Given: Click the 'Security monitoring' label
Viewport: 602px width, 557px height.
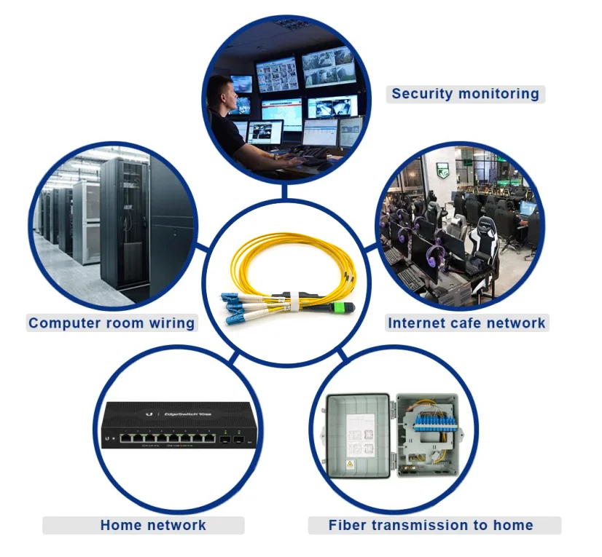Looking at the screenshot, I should (465, 93).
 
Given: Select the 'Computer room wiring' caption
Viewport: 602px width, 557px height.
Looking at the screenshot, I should (112, 323).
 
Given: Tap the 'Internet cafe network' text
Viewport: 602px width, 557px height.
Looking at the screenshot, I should (466, 323).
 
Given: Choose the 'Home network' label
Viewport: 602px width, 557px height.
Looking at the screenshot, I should (153, 525).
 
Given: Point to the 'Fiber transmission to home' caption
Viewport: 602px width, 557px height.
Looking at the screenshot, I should (431, 525).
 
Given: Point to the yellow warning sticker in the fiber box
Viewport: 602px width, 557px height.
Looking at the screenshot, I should (348, 465).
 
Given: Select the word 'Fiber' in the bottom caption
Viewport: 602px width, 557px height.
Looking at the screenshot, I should (347, 525).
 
